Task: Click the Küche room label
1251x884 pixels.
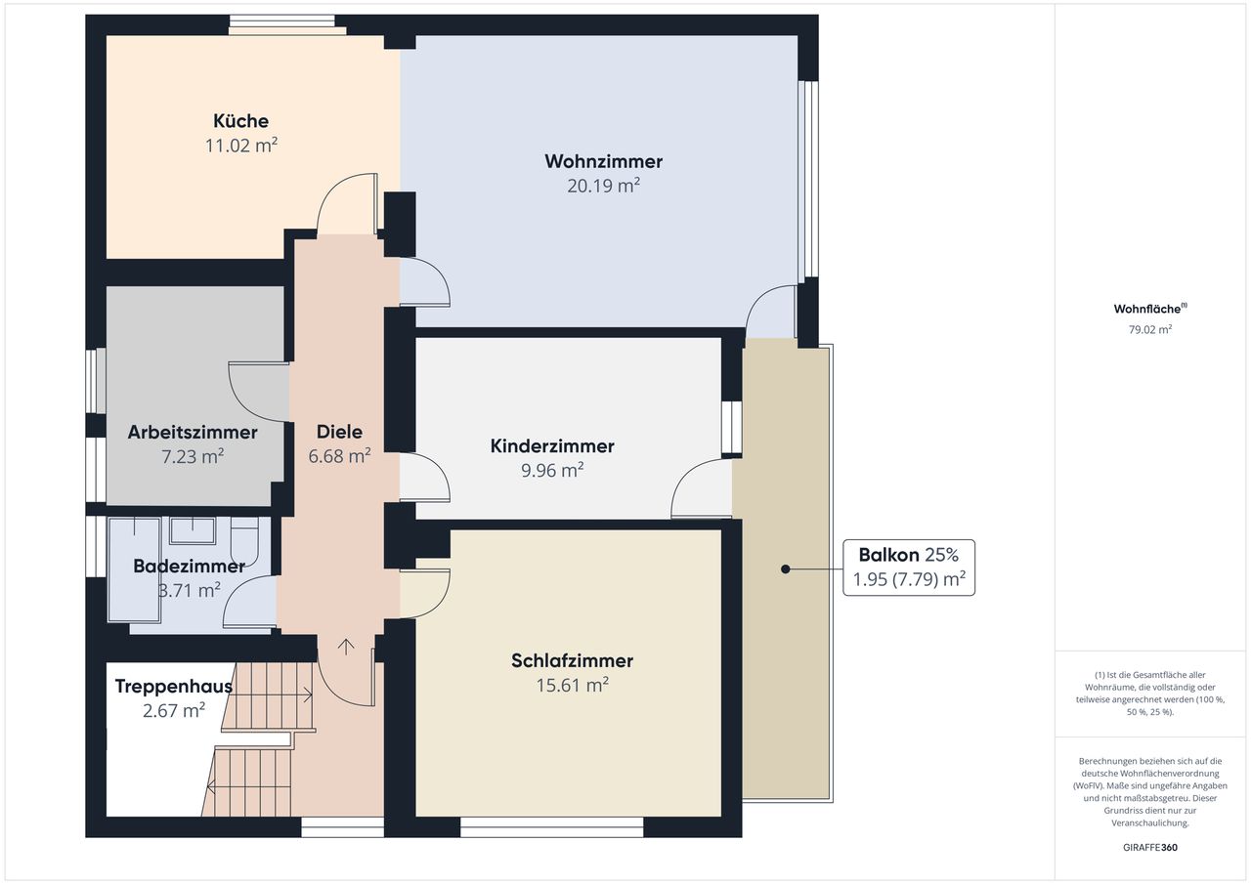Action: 240,120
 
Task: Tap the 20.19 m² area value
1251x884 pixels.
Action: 603,186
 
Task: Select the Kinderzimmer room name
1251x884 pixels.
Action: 552,445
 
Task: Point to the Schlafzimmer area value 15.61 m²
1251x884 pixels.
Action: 572,685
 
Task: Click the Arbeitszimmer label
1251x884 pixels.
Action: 193,432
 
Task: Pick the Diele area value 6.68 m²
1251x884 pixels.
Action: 339,456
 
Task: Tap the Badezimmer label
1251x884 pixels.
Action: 189,566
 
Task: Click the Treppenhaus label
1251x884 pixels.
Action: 174,686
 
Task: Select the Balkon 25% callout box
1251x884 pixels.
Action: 909,568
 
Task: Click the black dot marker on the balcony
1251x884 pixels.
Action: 785,569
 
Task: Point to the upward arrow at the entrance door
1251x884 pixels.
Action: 346,647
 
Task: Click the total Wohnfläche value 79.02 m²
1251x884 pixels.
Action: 1150,329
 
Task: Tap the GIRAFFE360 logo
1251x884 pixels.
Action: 1150,847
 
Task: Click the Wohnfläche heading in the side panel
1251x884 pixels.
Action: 1150,309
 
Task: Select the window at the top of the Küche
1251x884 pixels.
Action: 282,25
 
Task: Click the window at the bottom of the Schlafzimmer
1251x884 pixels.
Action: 552,827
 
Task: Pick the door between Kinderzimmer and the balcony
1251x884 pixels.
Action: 702,487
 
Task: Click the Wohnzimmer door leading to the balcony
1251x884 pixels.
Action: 771,312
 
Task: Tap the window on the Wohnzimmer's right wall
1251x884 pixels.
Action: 808,179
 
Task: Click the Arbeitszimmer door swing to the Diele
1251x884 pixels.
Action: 259,393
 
